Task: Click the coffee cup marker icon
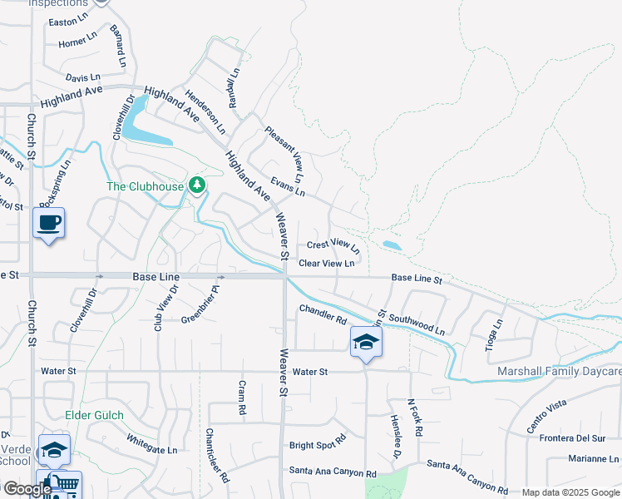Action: [49, 223]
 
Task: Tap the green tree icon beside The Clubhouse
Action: [197, 185]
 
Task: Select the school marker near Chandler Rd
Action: [365, 342]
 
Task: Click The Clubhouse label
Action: [145, 186]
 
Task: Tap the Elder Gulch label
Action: [94, 415]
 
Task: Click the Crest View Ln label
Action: [333, 245]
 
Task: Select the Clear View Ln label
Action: [327, 264]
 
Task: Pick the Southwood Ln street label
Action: [417, 324]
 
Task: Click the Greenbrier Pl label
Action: [200, 304]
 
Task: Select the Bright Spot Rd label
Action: [317, 443]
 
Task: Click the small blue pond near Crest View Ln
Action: [391, 245]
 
